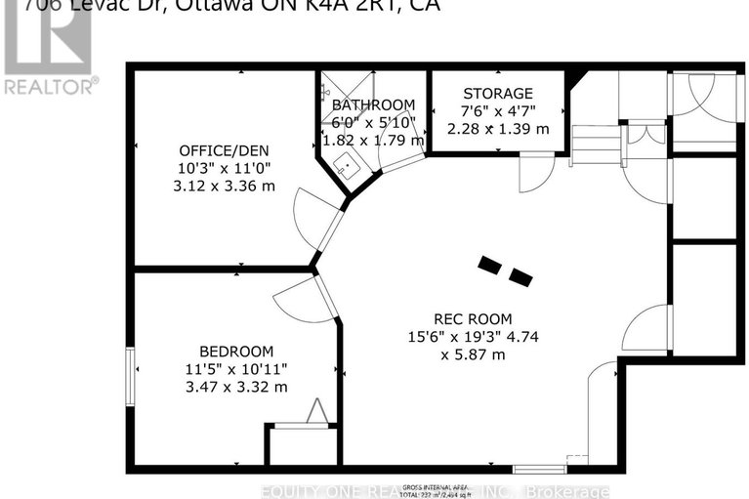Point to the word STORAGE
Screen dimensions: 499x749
coord(497,93)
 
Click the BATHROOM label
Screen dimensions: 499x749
coord(373,104)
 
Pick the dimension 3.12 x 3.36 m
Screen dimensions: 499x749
coord(223,186)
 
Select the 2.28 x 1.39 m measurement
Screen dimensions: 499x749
coord(497,128)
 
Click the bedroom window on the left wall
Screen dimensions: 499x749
coord(129,375)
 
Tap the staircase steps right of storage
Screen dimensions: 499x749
coord(597,146)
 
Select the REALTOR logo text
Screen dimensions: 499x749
coord(50,86)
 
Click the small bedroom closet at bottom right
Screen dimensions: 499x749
coord(302,444)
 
